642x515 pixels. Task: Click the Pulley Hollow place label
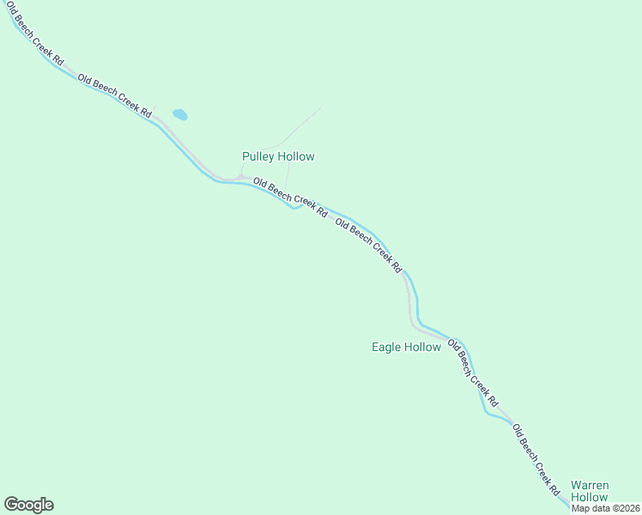278,156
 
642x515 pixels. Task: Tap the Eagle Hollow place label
406,347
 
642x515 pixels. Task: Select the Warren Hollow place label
590,491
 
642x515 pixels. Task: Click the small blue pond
180,114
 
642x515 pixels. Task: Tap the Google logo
28,505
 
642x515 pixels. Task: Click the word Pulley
257,156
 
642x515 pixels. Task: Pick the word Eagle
386,347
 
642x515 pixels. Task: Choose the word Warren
590,485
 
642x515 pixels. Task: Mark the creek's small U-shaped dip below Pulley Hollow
294,206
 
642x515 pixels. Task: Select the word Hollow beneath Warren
590,497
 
